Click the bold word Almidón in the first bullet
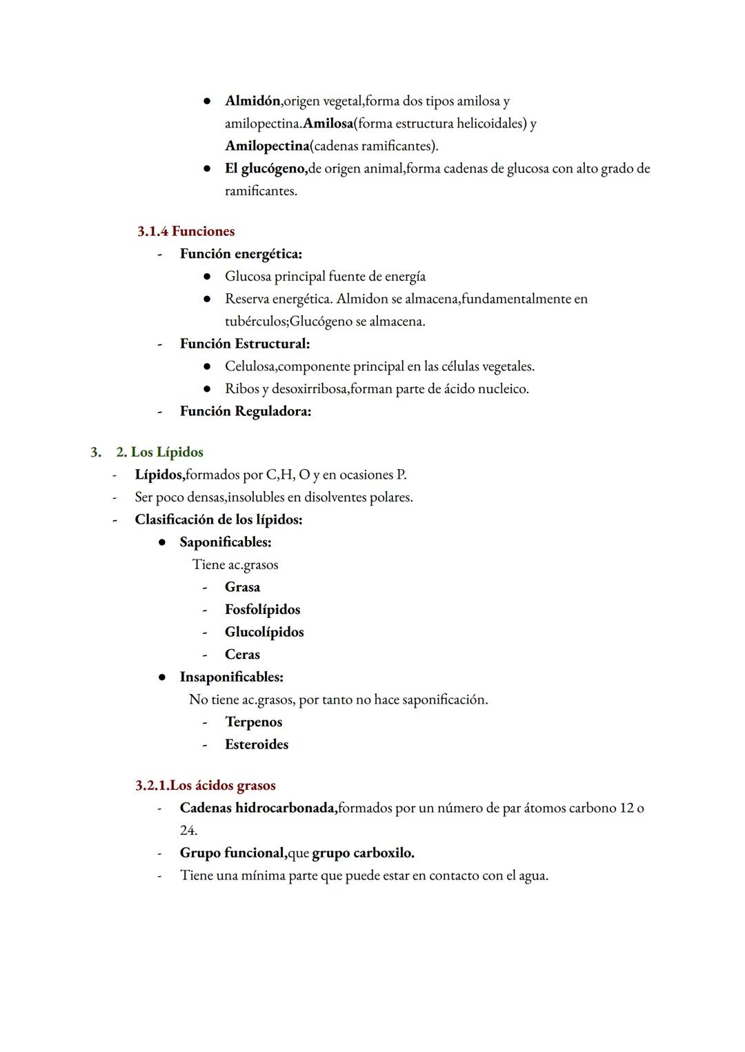click(252, 101)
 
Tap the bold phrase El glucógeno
click(266, 169)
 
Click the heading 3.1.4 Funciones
click(186, 231)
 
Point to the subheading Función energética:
click(241, 254)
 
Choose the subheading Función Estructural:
click(244, 344)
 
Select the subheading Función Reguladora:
click(245, 411)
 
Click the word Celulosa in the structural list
click(250, 366)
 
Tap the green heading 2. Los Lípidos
click(159, 453)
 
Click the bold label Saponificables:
click(225, 542)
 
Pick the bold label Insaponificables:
click(231, 677)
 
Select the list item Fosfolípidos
click(262, 610)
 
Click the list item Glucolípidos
click(264, 633)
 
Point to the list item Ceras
click(242, 655)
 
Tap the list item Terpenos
click(253, 722)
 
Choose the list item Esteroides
click(256, 745)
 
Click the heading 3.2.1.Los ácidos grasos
click(206, 786)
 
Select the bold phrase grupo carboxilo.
click(363, 853)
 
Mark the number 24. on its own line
click(188, 831)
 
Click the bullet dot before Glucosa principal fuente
click(206, 277)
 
